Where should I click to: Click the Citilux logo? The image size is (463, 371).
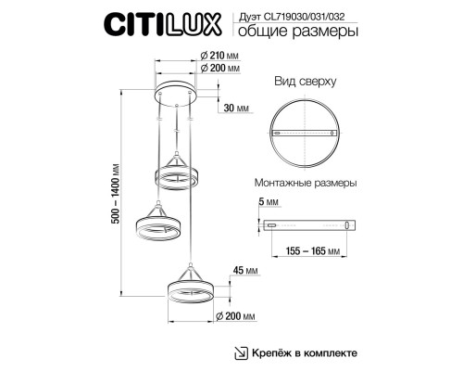[x=163, y=24]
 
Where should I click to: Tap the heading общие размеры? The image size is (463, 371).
[x=298, y=32]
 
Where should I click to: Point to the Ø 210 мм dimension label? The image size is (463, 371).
[x=219, y=56]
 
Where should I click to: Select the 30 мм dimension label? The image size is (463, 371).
[x=236, y=109]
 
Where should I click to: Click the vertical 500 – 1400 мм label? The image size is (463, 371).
[x=116, y=193]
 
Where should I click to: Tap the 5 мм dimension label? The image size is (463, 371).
[x=269, y=202]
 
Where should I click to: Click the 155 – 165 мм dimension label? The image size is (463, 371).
[x=313, y=250]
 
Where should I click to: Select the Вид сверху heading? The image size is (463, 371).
[x=306, y=82]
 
